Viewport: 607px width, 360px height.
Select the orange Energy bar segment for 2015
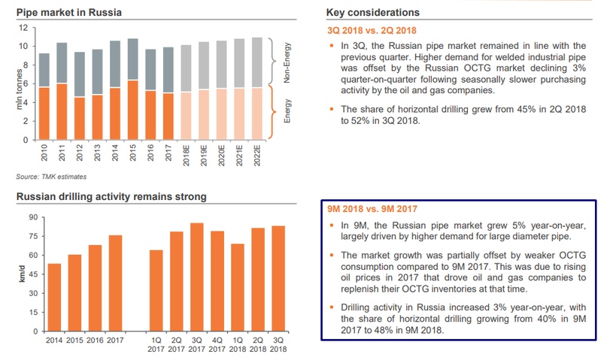132,110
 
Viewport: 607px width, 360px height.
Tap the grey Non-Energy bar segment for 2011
61,63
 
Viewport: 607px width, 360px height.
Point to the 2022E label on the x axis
258,160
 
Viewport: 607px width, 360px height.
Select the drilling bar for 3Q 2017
197,277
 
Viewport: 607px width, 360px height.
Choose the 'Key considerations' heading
373,14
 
